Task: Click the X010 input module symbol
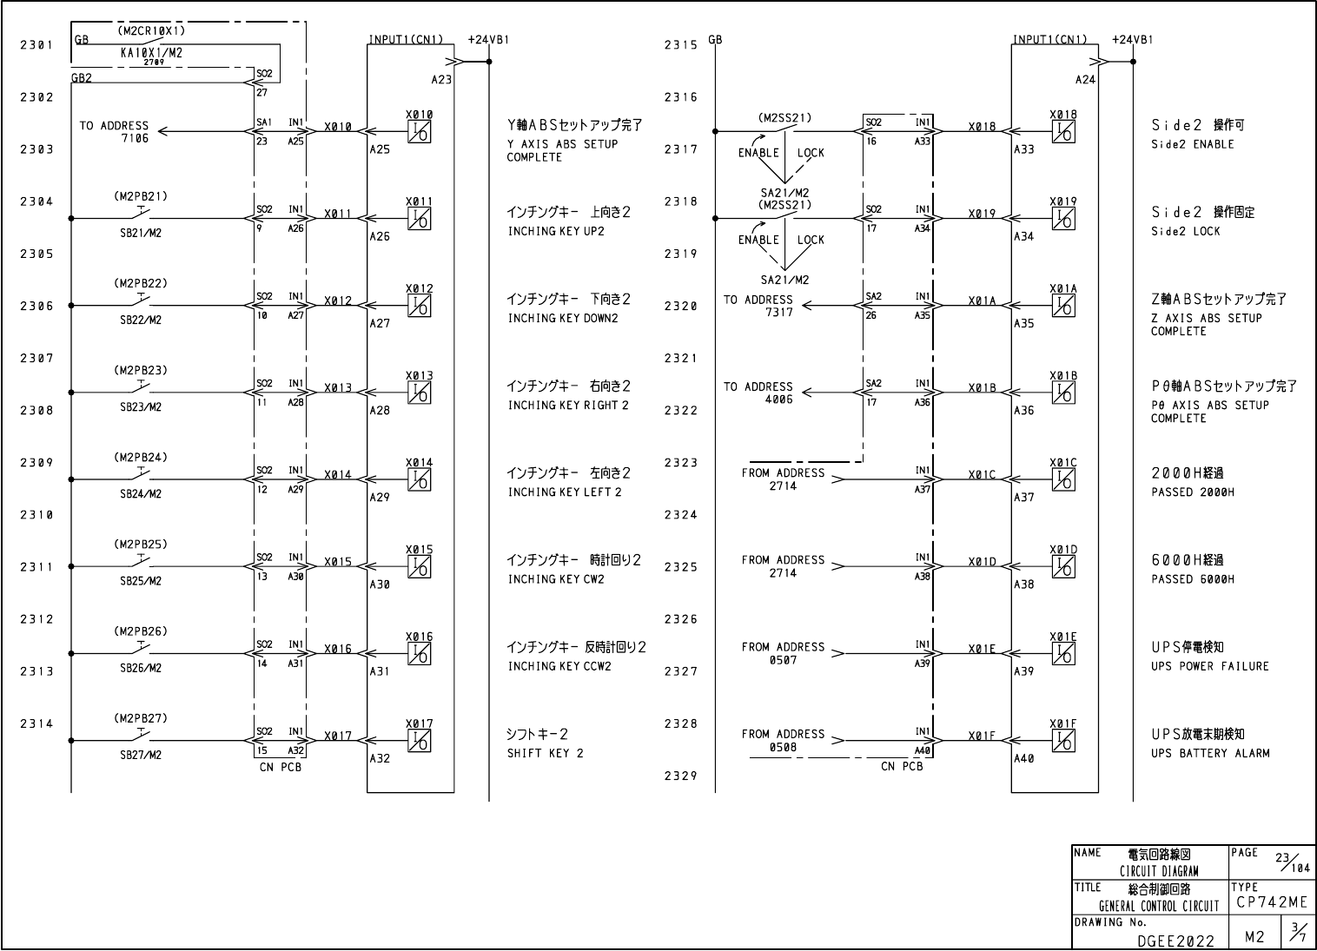click(x=420, y=132)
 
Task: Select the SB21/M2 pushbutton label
click(x=141, y=233)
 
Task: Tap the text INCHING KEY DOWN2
click(x=562, y=318)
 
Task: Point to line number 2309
click(x=36, y=462)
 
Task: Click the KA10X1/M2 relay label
click(x=151, y=52)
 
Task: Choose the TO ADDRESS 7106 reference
click(x=115, y=131)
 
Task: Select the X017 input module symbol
click(x=420, y=741)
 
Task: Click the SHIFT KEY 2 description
click(x=545, y=753)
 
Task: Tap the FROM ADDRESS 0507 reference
click(x=783, y=653)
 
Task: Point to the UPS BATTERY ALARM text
click(x=1210, y=753)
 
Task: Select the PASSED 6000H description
click(x=1192, y=579)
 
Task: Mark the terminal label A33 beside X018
click(x=1024, y=149)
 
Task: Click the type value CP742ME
click(x=1272, y=902)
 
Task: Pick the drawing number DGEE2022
click(x=1175, y=940)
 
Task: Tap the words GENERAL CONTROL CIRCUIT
click(x=1159, y=906)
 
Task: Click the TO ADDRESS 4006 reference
click(x=758, y=393)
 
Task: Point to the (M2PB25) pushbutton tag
click(x=141, y=545)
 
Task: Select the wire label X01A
click(x=982, y=300)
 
